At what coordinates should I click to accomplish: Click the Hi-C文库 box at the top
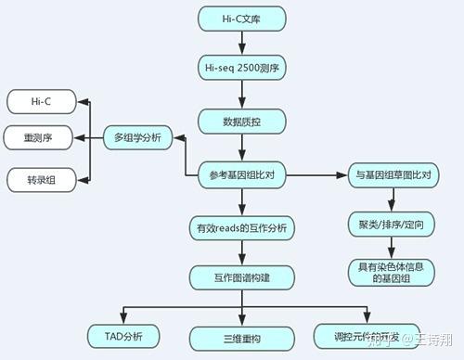241,19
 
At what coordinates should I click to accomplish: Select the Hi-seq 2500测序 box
241,68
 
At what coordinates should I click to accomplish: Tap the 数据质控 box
241,122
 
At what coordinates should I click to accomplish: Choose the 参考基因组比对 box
241,173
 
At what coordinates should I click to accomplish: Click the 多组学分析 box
137,137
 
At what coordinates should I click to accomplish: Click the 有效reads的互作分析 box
241,226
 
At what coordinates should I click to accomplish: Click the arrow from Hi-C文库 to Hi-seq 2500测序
241,43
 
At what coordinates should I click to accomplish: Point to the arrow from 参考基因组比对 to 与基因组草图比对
313,174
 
